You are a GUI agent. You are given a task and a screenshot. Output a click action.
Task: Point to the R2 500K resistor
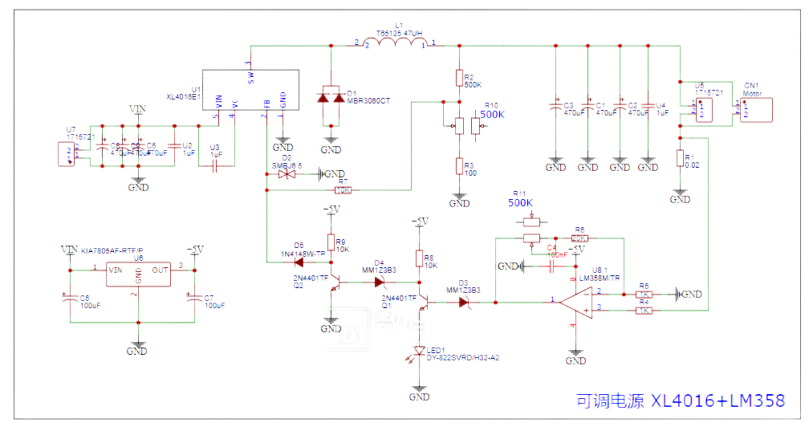458,78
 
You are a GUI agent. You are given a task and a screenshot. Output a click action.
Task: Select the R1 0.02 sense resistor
679,158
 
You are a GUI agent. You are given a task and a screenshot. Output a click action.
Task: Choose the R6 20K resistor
579,238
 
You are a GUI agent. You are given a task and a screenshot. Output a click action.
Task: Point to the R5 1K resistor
644,295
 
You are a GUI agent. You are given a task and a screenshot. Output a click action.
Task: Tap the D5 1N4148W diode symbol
299,261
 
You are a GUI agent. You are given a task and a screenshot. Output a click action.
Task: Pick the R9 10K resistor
330,242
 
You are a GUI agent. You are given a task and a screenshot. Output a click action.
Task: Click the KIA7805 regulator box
138,275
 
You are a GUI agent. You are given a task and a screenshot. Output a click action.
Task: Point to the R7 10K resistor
343,190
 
